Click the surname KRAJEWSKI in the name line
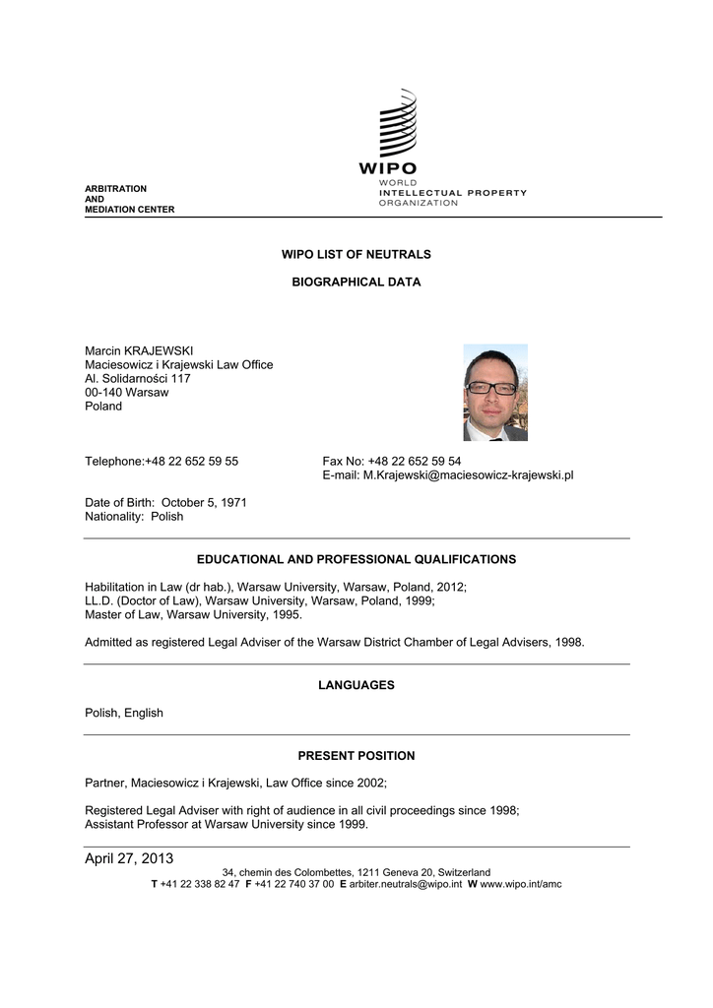point(159,350)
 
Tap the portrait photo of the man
point(495,392)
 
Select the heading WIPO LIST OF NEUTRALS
point(356,254)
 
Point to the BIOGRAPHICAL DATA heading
point(356,282)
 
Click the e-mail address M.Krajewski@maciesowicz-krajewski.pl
point(469,474)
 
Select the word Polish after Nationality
point(166,516)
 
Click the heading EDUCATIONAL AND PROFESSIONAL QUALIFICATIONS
point(356,559)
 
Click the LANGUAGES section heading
point(356,685)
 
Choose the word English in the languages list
point(144,713)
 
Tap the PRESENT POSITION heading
point(356,756)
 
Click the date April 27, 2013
point(129,859)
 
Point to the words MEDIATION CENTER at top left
point(129,209)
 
